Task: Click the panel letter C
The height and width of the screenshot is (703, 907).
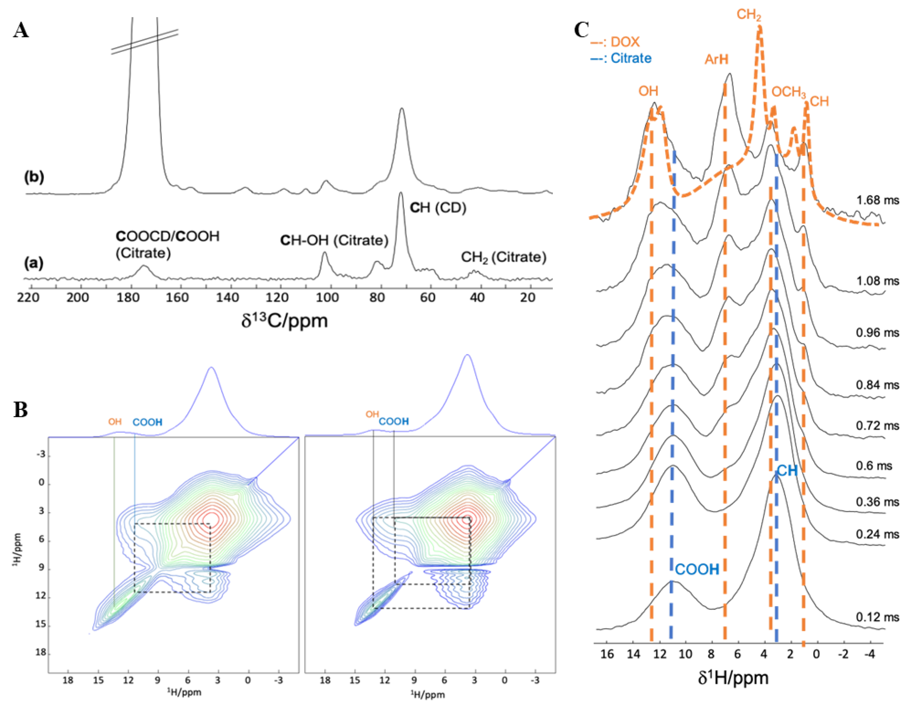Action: coord(581,30)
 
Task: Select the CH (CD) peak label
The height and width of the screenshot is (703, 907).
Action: coord(438,208)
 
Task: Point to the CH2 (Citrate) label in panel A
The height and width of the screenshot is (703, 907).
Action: coord(503,257)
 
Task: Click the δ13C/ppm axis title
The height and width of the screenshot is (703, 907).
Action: coord(284,321)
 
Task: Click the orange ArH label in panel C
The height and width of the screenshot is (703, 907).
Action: coord(716,59)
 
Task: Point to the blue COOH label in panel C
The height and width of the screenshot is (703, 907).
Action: coord(697,569)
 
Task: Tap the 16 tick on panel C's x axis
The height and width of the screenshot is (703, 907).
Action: coord(607,655)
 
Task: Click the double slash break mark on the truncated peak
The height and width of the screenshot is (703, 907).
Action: coord(145,41)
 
